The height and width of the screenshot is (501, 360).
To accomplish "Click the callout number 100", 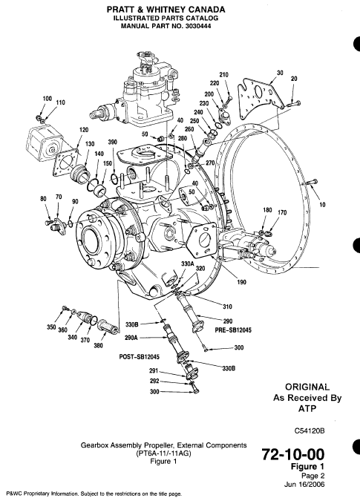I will coord(47,99).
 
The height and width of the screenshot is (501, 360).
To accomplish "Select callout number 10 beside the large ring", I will coord(322,203).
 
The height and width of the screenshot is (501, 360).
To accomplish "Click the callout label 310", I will coord(228,307).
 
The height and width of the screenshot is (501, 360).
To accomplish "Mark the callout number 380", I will coord(99,344).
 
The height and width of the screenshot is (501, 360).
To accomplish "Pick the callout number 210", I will coord(223,75).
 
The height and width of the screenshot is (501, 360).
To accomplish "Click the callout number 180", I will coord(268,212).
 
